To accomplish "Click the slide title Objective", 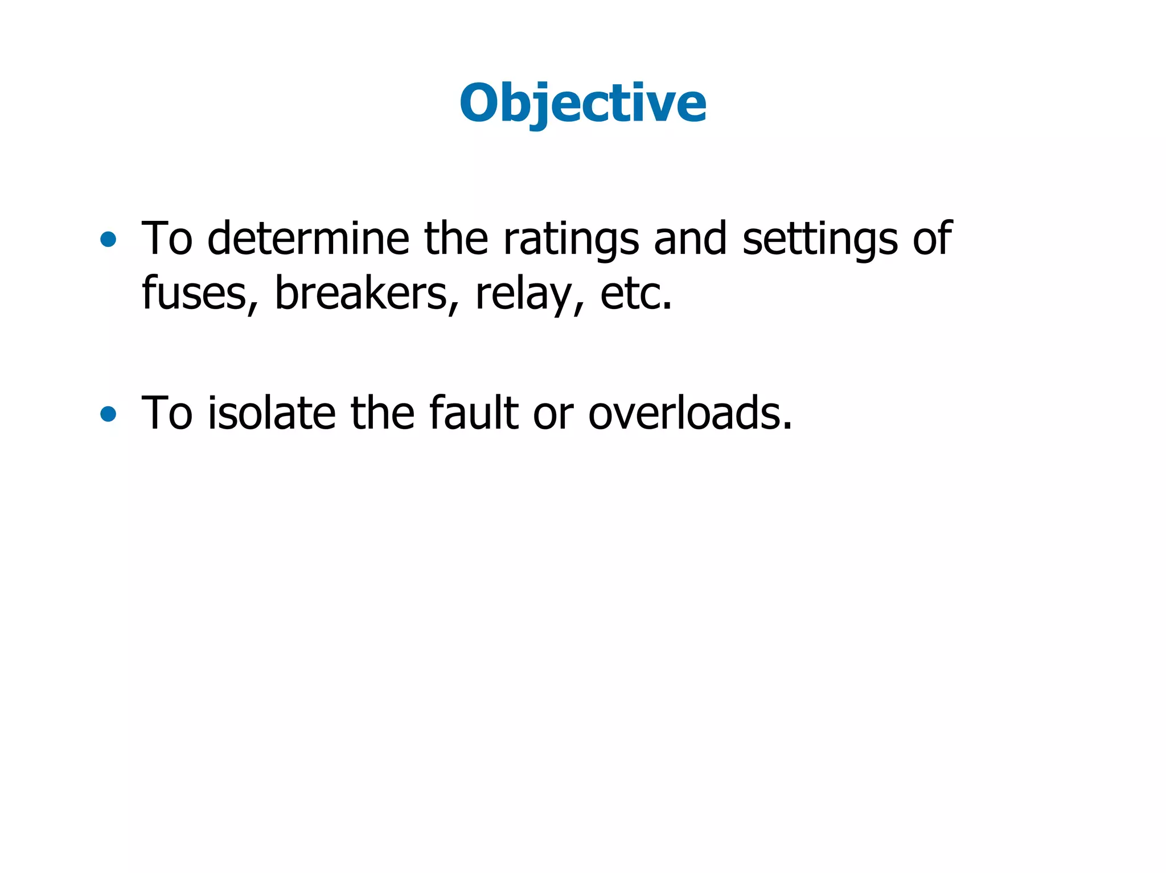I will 582,104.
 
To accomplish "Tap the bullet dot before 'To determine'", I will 108,240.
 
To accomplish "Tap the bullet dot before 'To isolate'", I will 108,414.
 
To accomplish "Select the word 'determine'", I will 308,238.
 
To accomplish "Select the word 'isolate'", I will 271,413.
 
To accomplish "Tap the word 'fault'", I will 473,413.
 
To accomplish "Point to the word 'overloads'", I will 689,413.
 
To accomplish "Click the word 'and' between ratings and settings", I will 690,238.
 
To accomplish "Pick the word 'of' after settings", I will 931,238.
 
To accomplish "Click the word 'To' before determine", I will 167,238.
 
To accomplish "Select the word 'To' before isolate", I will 167,413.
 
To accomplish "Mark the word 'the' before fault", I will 382,413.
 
